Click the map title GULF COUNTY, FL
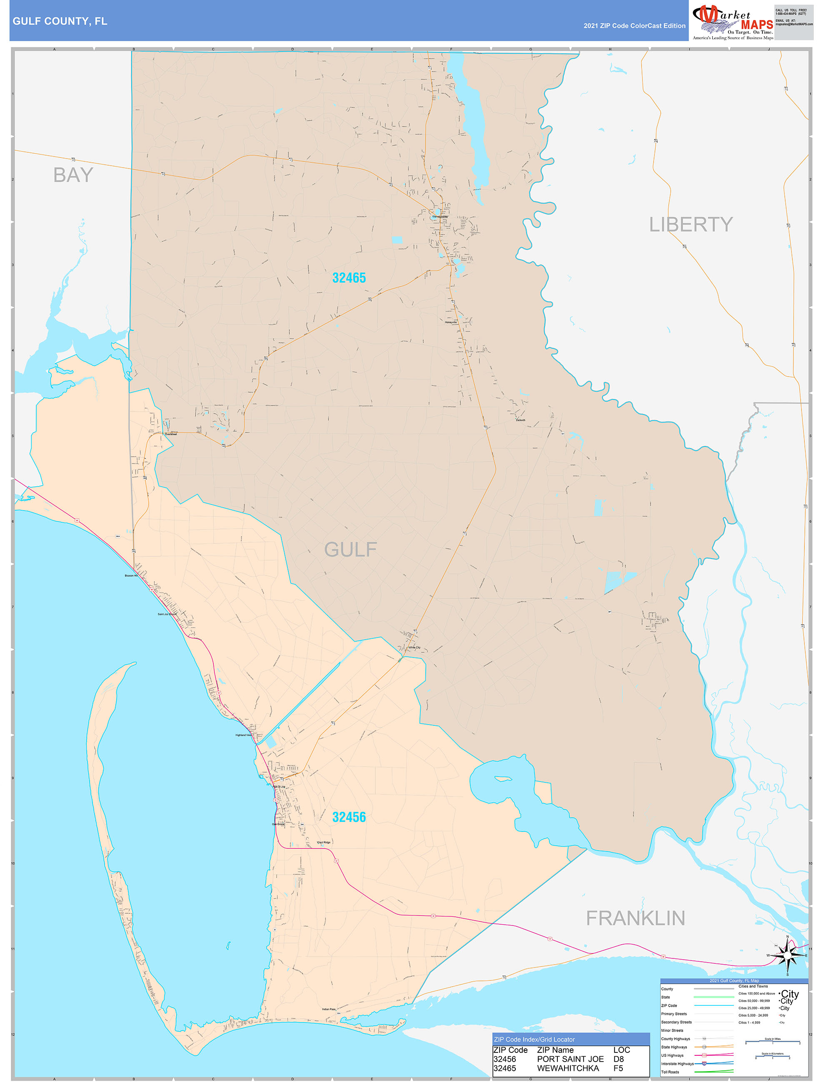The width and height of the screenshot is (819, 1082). [x=60, y=21]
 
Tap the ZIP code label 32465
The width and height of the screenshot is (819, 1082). [x=349, y=278]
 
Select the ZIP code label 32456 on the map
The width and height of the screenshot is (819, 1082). [x=349, y=817]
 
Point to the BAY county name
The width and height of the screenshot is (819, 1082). [x=73, y=175]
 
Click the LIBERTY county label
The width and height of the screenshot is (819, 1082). [x=690, y=225]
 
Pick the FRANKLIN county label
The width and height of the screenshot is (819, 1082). [x=635, y=918]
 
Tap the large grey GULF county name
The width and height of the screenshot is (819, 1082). [x=350, y=549]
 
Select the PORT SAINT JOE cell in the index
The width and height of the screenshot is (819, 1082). [x=570, y=1059]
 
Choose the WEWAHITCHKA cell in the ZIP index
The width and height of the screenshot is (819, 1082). [x=567, y=1068]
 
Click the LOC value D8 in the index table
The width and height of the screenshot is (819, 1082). [x=618, y=1059]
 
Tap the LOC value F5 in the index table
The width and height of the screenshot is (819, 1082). [x=618, y=1068]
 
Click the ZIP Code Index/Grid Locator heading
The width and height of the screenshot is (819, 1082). [x=534, y=1040]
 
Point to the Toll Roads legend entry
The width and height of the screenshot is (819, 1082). [x=670, y=1072]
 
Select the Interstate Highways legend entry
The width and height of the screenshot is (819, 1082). [x=677, y=1063]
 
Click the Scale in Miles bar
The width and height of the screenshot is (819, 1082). [x=772, y=1042]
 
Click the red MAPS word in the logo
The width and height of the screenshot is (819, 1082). [x=757, y=25]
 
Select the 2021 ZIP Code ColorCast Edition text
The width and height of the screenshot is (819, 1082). [x=634, y=26]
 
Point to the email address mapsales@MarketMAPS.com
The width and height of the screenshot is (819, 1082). [x=794, y=24]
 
